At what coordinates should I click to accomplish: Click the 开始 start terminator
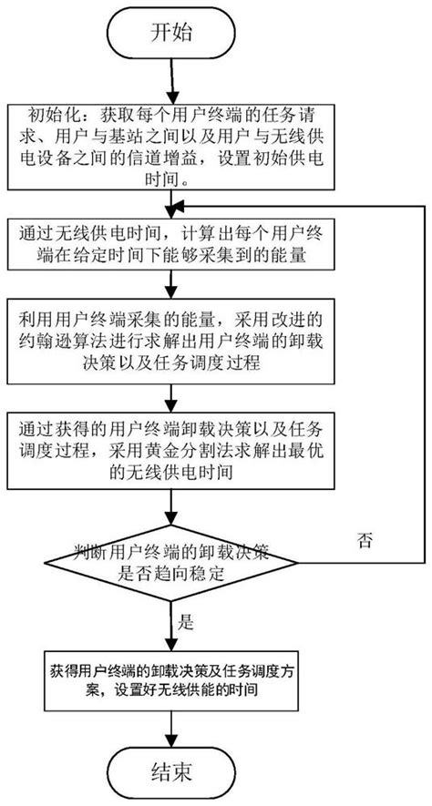point(170,34)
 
